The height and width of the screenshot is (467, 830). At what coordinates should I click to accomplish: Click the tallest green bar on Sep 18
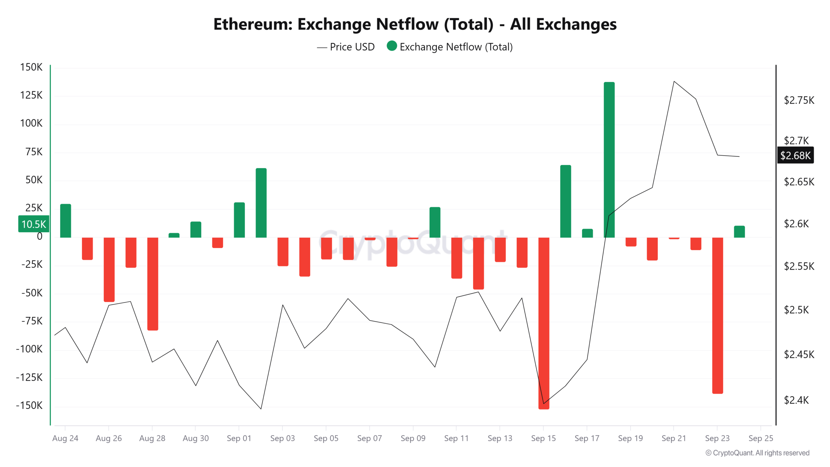(x=609, y=160)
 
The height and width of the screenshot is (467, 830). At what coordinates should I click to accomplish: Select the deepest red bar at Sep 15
(x=544, y=323)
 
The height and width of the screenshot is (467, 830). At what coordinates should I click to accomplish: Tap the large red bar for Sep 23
(x=717, y=316)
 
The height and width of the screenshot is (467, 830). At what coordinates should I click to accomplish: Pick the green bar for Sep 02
(x=261, y=203)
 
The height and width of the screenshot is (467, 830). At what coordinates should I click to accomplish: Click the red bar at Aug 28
(x=152, y=284)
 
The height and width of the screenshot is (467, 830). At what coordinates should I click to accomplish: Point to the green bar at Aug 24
(x=65, y=221)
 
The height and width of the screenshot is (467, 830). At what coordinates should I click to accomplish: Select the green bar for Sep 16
(x=565, y=201)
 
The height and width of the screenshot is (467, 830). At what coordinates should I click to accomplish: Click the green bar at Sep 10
(x=435, y=222)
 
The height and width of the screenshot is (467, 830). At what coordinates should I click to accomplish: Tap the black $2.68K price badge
(x=795, y=155)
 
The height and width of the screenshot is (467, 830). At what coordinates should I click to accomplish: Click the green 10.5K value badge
(x=34, y=224)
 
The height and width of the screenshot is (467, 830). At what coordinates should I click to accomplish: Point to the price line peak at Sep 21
(x=674, y=81)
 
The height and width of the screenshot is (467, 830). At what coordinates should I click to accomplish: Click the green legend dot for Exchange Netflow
(x=392, y=46)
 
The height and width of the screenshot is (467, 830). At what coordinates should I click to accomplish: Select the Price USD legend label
(x=352, y=47)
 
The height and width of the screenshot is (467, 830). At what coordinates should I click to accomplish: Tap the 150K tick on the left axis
(x=31, y=67)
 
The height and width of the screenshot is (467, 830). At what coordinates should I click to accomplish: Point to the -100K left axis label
(x=29, y=349)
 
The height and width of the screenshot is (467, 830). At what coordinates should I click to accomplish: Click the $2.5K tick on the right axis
(x=796, y=310)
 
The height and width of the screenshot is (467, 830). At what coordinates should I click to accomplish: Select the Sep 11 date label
(x=456, y=438)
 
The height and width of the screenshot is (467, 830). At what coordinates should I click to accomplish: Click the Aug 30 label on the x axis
(x=196, y=438)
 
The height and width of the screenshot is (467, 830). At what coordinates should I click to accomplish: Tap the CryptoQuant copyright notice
(x=757, y=453)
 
